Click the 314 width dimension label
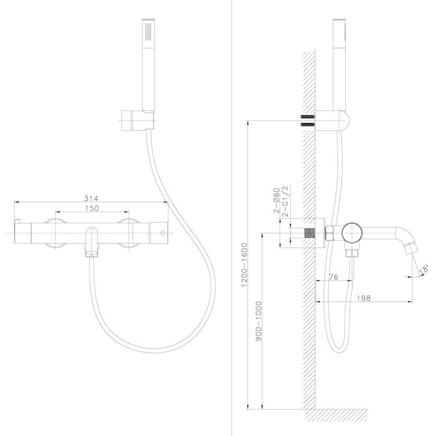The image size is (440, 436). (x=91, y=198)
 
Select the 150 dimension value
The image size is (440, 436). (x=92, y=208)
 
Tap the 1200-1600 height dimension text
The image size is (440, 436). (x=245, y=265)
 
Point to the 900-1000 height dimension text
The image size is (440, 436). (x=258, y=321)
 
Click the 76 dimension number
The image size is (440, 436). (x=333, y=277)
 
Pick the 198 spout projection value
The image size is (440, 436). (x=364, y=298)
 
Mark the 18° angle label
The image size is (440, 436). (x=424, y=269)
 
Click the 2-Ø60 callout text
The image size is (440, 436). (x=277, y=201)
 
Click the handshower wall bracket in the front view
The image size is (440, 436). (x=138, y=121)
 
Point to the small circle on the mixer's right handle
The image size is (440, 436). (x=162, y=233)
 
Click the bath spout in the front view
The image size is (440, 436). (x=91, y=242)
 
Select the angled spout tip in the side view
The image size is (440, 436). (x=411, y=248)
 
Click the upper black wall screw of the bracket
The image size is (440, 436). (x=307, y=116)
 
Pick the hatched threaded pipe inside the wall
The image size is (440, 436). (x=310, y=233)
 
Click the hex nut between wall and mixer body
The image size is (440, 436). (x=329, y=233)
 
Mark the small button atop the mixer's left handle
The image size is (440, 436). (x=17, y=222)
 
